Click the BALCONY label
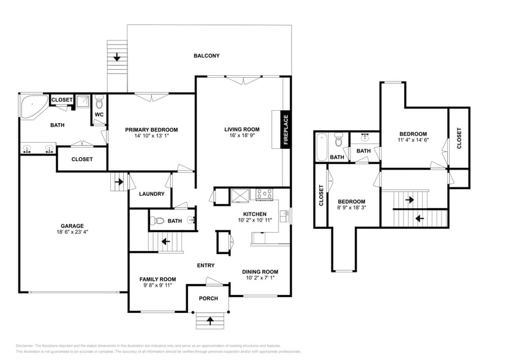point(206,56)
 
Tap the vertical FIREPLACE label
point(285,130)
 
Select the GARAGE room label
point(72,226)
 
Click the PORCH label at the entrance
point(208,298)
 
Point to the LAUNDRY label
point(151,194)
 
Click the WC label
point(98,114)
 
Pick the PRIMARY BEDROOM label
point(151,130)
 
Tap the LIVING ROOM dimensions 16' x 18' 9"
point(241,136)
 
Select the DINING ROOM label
point(261,272)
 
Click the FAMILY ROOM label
point(157,279)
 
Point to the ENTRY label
point(206,265)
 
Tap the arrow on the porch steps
point(210,320)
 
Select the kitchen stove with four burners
point(264,194)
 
